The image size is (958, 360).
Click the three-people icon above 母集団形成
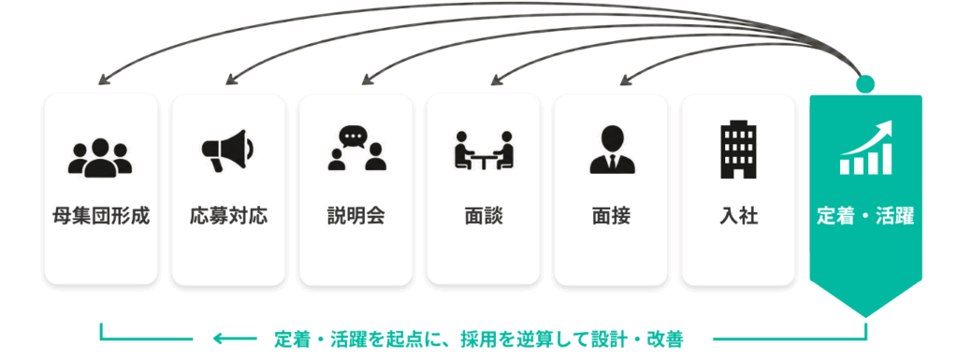[x=100, y=157]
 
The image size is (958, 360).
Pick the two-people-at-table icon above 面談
[x=484, y=151]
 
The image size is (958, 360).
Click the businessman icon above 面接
[x=612, y=151]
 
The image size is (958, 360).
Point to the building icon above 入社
[x=739, y=149]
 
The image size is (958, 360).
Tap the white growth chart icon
[x=865, y=149]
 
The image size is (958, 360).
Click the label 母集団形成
[x=101, y=217]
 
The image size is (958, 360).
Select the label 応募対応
[x=228, y=217]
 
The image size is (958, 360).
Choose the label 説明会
[x=356, y=217]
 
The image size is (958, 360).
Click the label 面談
[x=484, y=217]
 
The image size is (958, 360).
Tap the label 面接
[x=612, y=217]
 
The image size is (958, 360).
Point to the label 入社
[x=739, y=217]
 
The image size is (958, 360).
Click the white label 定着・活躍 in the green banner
[x=865, y=217]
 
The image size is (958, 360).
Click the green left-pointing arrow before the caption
[x=235, y=338]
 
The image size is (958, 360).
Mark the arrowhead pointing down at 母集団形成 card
[x=103, y=79]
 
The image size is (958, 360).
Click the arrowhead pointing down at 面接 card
[x=626, y=80]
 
